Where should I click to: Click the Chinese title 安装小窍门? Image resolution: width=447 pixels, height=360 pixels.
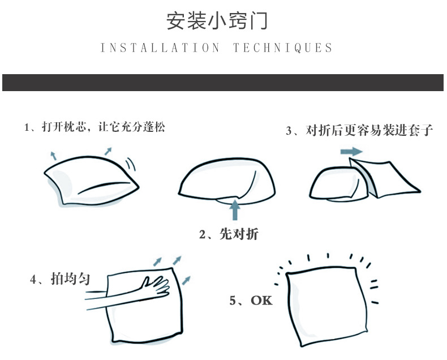pyautogui.click(x=217, y=21)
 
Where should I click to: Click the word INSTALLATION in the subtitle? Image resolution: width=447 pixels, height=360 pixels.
pyautogui.click(x=160, y=48)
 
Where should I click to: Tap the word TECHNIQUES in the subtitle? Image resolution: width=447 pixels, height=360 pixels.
pyautogui.click(x=283, y=48)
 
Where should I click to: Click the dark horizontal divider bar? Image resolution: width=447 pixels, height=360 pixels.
pyautogui.click(x=223, y=83)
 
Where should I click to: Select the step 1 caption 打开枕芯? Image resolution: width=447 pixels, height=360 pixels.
pyautogui.click(x=64, y=127)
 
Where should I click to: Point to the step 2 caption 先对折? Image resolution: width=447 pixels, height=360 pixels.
pyautogui.click(x=239, y=234)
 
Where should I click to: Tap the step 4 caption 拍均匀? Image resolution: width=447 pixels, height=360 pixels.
pyautogui.click(x=70, y=278)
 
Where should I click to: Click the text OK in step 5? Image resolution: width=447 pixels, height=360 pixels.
pyautogui.click(x=261, y=301)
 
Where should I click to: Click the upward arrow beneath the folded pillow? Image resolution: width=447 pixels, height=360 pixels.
pyautogui.click(x=235, y=209)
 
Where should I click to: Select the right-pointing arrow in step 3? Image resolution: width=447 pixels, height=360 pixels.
pyautogui.click(x=351, y=152)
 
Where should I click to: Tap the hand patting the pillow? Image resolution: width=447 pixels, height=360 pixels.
pyautogui.click(x=156, y=285)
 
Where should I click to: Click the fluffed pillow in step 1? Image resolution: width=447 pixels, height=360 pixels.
pyautogui.click(x=91, y=181)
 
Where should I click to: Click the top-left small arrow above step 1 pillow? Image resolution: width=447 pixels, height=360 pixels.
pyautogui.click(x=53, y=156)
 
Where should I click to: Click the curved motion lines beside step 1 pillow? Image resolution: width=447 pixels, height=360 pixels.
pyautogui.click(x=131, y=164)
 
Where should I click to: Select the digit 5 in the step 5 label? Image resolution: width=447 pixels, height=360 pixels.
pyautogui.click(x=233, y=301)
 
